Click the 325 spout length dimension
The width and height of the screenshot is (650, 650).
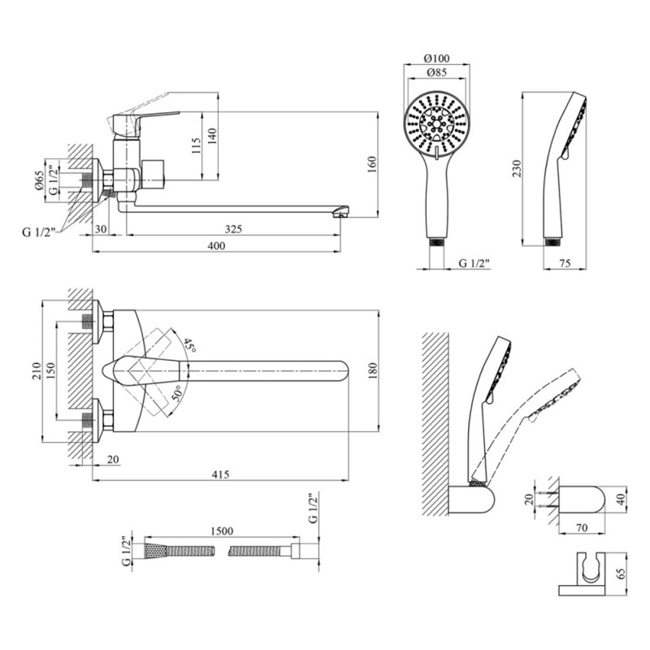click(233, 229)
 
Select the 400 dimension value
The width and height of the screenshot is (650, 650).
click(215, 245)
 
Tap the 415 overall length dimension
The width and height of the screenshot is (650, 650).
click(220, 474)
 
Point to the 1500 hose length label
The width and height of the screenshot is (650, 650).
click(221, 531)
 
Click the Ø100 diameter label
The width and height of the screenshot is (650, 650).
click(437, 58)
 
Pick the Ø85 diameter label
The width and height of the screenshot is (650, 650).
click(438, 74)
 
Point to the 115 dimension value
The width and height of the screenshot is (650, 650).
click(195, 145)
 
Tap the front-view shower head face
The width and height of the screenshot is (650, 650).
click(437, 122)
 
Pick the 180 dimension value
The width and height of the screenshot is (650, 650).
click(373, 370)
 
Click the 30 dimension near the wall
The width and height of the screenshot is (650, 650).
click(101, 229)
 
